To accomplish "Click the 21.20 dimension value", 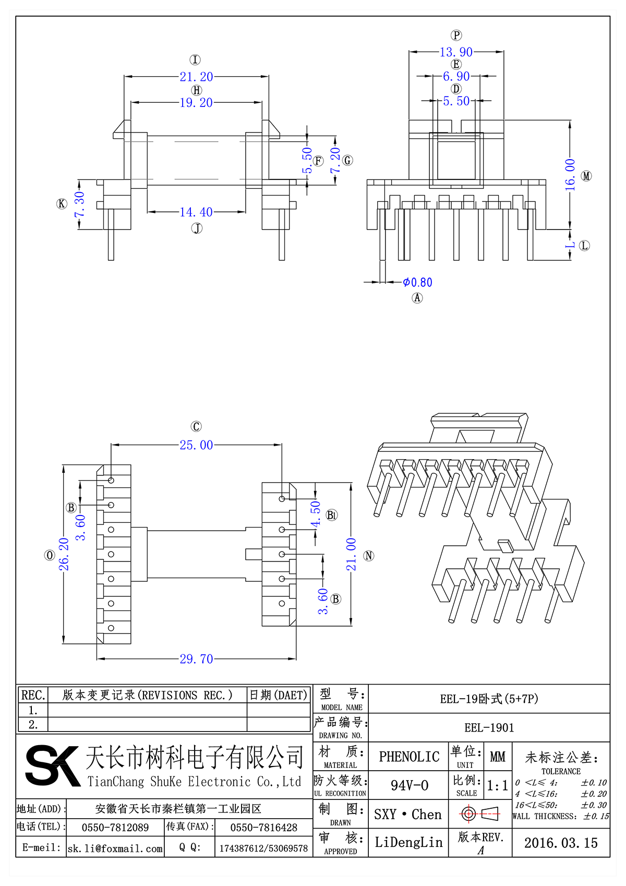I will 196,77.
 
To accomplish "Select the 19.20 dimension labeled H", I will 196,103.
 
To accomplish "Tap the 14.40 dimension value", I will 196,212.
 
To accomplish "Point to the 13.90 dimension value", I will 456,52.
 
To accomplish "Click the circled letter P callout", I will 456,35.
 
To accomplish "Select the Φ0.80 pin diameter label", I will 417,282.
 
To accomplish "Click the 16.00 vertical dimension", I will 570,174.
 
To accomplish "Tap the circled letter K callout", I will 62,203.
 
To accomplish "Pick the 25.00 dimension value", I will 196,445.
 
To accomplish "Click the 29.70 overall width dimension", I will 196,659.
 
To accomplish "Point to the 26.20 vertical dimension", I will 64,554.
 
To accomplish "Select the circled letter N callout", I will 369,556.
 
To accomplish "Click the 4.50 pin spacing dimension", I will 316,514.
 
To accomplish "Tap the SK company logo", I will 52,765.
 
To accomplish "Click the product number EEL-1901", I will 489,728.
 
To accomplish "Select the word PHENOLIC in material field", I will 409,757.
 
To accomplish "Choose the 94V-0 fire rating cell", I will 409,785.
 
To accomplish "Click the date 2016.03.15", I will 561,843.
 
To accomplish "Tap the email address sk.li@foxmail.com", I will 115,848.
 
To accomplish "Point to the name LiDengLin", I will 408,842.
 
